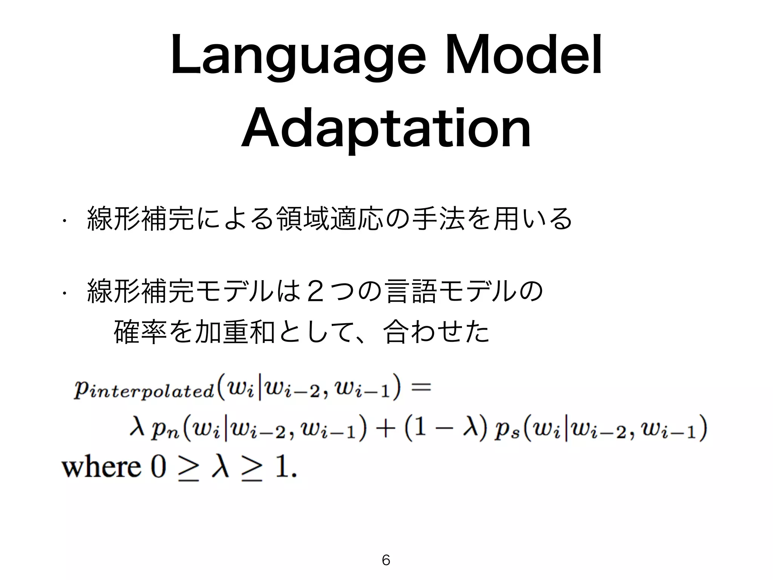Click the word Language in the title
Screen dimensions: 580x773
coord(298,60)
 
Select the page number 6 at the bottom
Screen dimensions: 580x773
coord(386,560)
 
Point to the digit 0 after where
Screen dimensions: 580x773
coord(158,467)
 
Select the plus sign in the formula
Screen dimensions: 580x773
coord(385,430)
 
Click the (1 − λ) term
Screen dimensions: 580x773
coord(445,430)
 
